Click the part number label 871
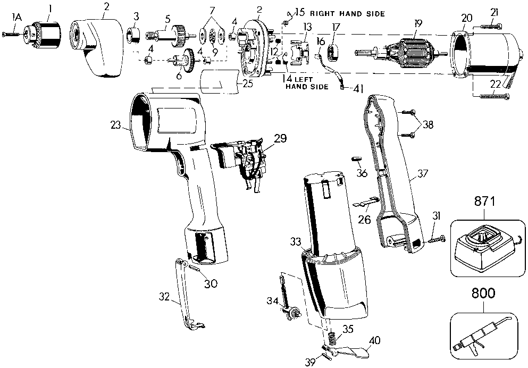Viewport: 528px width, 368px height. (485, 202)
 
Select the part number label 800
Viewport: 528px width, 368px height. (483, 293)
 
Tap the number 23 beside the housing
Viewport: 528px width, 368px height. (115, 126)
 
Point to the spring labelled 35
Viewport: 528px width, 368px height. (331, 337)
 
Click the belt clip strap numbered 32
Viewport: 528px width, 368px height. (189, 294)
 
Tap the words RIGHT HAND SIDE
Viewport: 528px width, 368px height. (347, 14)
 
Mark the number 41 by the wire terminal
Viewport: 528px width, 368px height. (358, 89)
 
